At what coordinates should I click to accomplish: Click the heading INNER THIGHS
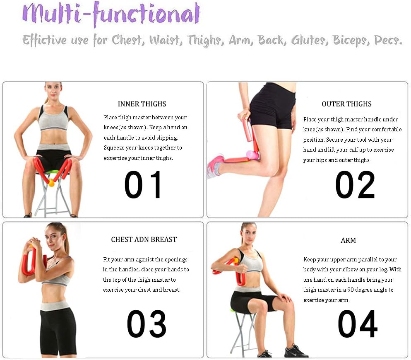142,104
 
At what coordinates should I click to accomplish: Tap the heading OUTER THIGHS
346,104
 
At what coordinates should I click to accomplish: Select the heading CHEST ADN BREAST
144,239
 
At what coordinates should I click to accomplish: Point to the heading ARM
348,240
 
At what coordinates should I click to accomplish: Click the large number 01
144,185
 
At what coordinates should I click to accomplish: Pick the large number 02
355,185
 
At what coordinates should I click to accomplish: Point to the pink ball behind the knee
252,155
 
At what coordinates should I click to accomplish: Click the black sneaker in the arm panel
296,351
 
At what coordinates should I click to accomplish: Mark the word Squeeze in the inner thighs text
115,148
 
